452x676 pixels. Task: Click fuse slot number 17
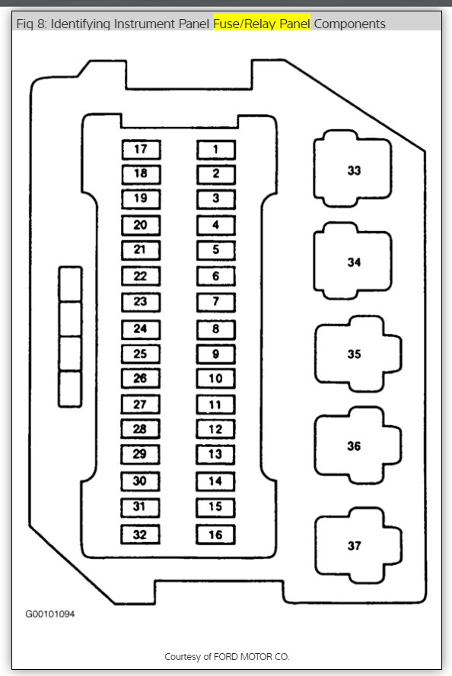[141, 150]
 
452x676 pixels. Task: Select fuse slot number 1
[216, 150]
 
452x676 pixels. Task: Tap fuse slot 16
[215, 535]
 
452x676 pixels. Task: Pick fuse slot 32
[140, 535]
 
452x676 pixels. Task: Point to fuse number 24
[141, 329]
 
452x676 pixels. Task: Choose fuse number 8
[215, 329]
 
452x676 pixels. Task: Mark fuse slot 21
[141, 250]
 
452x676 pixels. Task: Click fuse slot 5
[215, 250]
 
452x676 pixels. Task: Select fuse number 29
[140, 455]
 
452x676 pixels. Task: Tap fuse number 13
[215, 455]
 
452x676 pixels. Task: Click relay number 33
[353, 169]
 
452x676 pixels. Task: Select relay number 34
[353, 261]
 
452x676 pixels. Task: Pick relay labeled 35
[358, 354]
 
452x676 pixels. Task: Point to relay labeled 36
[358, 446]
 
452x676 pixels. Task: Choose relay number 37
[358, 545]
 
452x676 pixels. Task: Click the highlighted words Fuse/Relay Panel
[261, 24]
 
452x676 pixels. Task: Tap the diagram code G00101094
[50, 614]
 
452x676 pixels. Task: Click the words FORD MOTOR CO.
[251, 656]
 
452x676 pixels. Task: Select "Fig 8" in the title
[30, 24]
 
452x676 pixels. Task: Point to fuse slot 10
[215, 379]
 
